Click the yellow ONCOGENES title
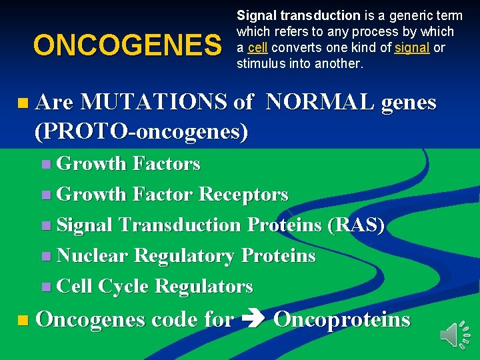pyautogui.click(x=127, y=46)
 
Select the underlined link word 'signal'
pyautogui.click(x=412, y=48)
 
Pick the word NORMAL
pyautogui.click(x=319, y=102)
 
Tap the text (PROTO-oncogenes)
pyautogui.click(x=141, y=131)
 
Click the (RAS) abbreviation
pyautogui.click(x=356, y=225)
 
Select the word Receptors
pyautogui.click(x=243, y=195)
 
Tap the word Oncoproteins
pyautogui.click(x=341, y=320)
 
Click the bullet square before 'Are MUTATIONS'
pyautogui.click(x=24, y=103)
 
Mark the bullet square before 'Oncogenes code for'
pyautogui.click(x=24, y=321)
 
